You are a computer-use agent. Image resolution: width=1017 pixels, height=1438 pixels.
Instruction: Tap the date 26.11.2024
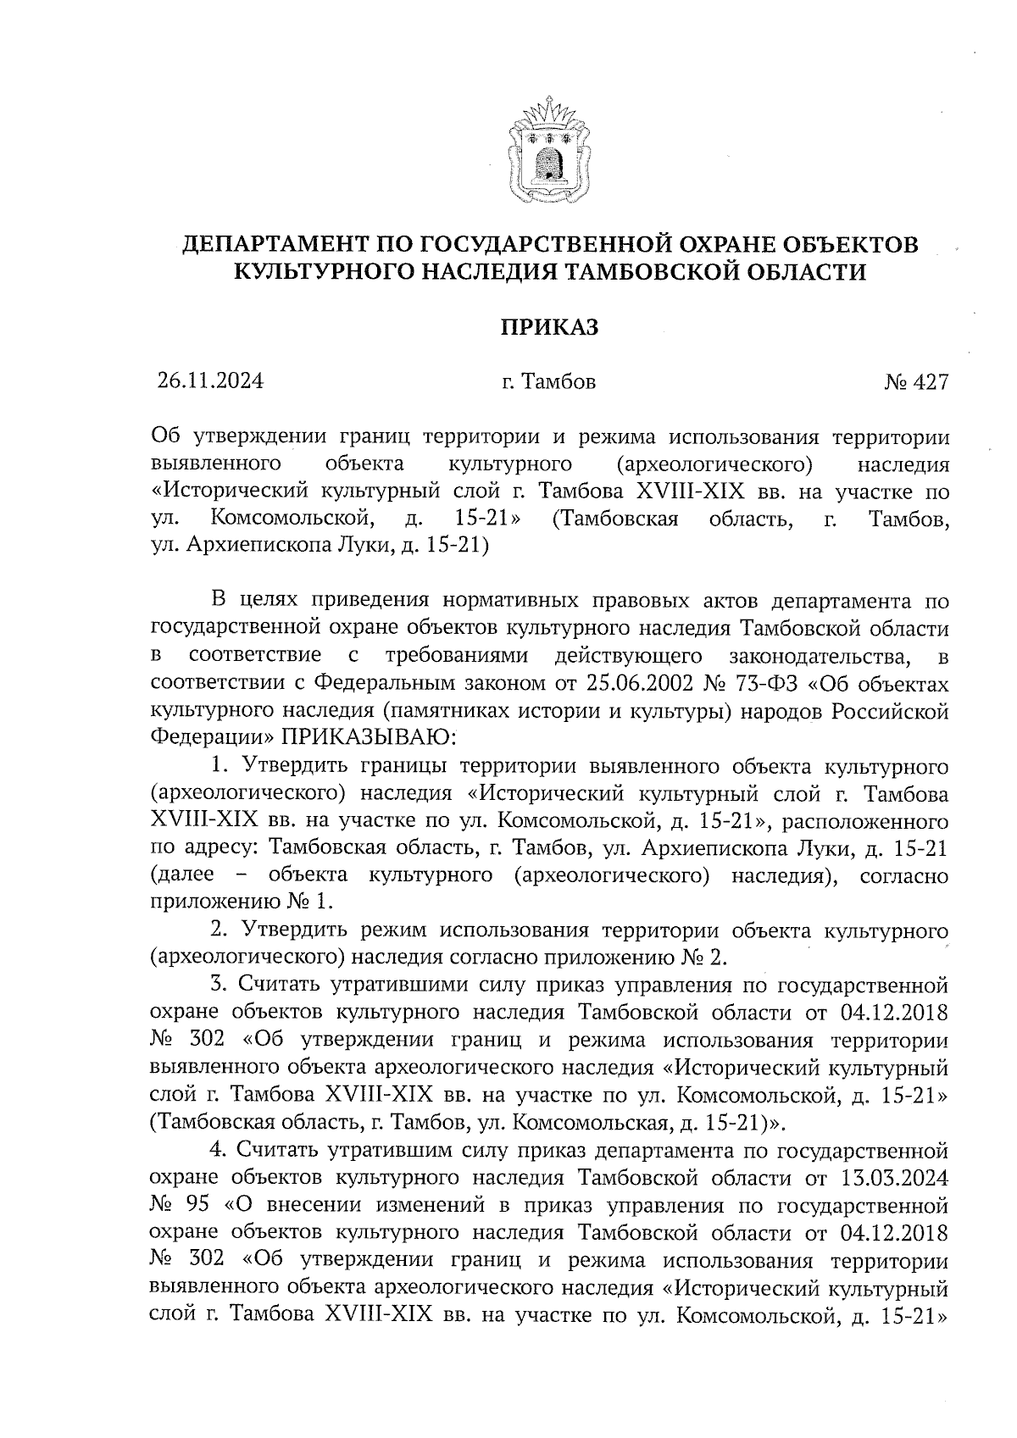(x=210, y=381)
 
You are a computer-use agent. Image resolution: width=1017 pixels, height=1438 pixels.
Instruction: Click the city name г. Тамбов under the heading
(x=548, y=382)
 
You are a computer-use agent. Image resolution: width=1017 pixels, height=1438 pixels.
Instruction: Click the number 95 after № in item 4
(x=197, y=1206)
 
